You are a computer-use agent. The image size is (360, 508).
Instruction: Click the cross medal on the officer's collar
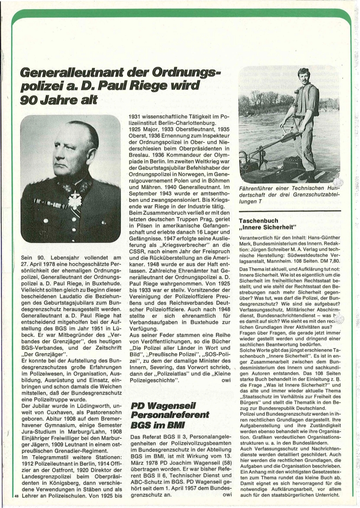pos(75,200)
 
